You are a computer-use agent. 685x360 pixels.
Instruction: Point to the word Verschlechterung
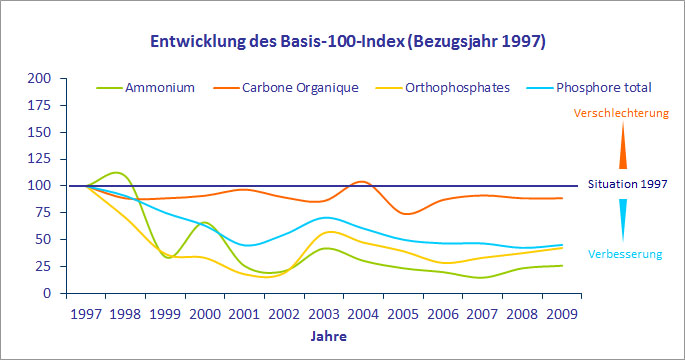[x=620, y=114]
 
